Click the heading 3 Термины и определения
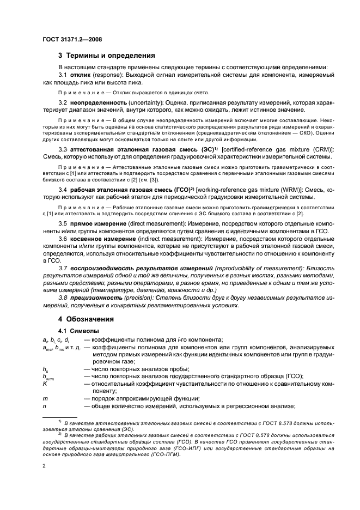(107, 55)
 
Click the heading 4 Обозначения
(86, 319)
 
